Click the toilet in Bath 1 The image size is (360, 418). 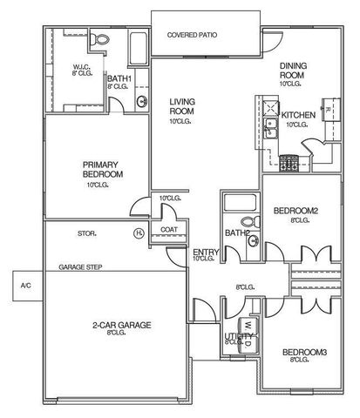coord(101,39)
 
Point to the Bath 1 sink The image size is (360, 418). coord(141,101)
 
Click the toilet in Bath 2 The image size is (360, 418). coord(249,222)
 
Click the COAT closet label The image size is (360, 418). coord(168,230)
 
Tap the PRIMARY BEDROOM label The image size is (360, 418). coord(102,169)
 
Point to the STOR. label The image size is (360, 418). coord(86,233)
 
